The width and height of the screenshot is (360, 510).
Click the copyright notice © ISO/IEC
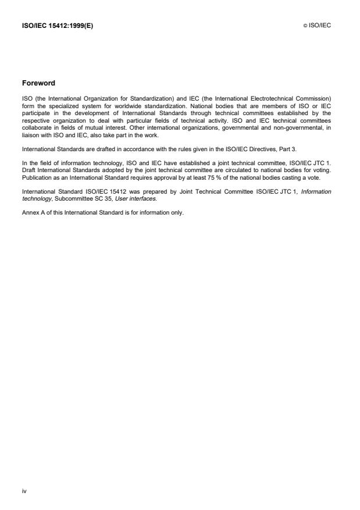[x=316, y=26]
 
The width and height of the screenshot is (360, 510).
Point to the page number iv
[x=24, y=491]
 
